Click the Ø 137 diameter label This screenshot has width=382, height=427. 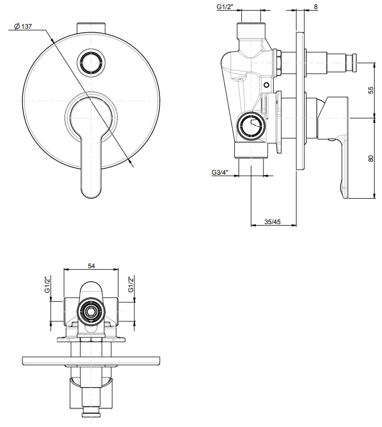(x=22, y=27)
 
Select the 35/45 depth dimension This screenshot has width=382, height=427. (x=272, y=221)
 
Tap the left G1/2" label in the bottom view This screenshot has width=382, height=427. (x=47, y=285)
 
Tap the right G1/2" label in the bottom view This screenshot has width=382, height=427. (x=131, y=285)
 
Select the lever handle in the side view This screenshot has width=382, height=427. (x=341, y=149)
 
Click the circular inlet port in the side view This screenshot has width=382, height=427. (x=250, y=126)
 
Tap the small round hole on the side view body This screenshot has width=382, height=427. (x=266, y=85)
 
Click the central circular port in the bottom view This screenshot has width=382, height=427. (x=90, y=310)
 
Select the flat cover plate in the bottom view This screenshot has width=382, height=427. (x=90, y=361)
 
